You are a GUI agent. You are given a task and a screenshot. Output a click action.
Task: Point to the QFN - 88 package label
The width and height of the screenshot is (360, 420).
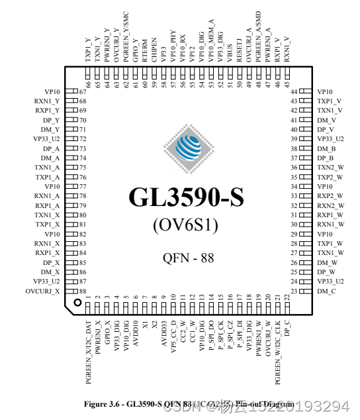(188, 258)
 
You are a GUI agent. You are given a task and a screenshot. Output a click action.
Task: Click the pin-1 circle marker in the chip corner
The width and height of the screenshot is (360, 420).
(77, 302)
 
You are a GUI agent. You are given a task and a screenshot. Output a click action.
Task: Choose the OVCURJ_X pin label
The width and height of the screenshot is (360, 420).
(43, 291)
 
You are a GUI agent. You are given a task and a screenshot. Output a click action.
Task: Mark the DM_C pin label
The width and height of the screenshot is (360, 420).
(327, 291)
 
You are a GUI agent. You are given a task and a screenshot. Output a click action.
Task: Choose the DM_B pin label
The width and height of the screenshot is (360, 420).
(327, 149)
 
